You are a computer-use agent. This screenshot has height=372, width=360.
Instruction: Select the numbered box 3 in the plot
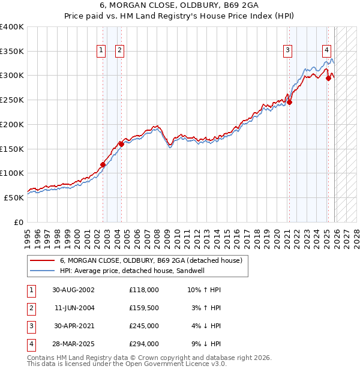click(288, 50)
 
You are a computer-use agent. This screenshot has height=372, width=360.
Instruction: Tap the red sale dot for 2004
click(121, 144)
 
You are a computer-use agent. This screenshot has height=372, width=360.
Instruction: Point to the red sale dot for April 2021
click(289, 102)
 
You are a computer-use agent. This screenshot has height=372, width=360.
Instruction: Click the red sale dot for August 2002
click(103, 164)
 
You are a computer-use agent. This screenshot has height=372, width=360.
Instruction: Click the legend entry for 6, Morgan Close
click(151, 260)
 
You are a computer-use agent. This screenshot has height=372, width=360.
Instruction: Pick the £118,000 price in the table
click(144, 289)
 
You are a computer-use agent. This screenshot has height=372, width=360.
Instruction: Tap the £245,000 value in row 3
click(144, 326)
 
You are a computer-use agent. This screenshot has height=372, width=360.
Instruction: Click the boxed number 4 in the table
click(31, 344)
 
